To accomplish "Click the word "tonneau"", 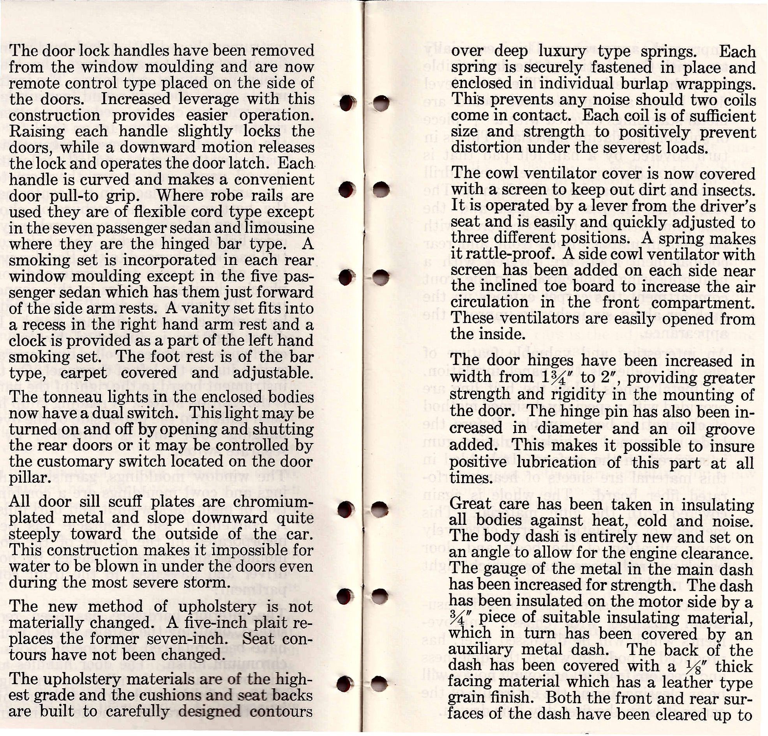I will coord(73,397).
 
